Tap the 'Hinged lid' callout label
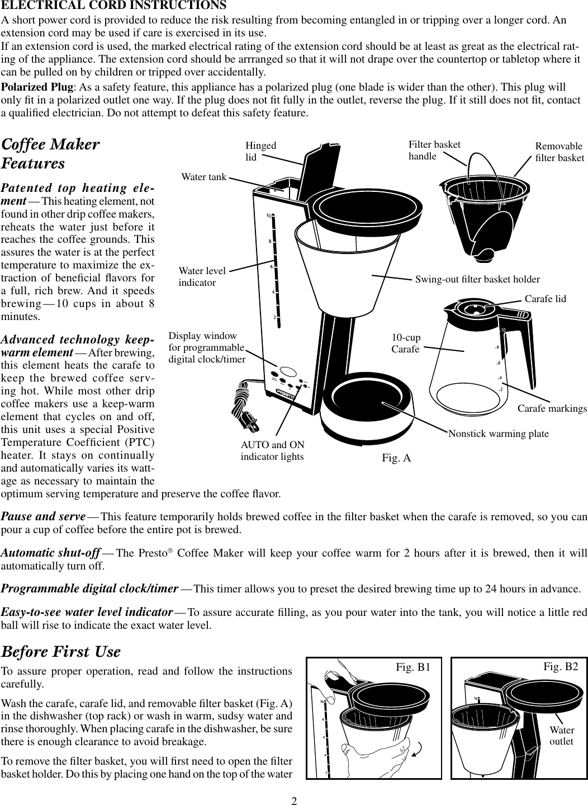[x=261, y=151]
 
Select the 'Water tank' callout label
[x=204, y=177]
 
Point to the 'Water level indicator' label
[x=202, y=277]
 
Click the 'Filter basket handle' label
[x=434, y=150]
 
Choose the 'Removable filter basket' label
[x=559, y=152]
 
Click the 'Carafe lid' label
[x=545, y=299]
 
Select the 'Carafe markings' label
[x=552, y=409]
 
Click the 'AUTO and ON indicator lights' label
[x=272, y=451]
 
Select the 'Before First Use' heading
[x=61, y=652]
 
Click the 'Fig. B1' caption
[x=412, y=667]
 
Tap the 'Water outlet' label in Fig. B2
[x=562, y=736]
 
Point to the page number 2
[x=293, y=799]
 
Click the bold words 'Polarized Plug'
[x=37, y=88]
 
